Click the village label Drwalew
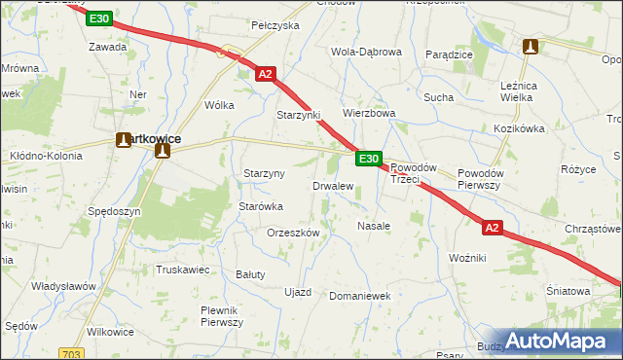coord(332,186)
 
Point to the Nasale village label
coord(374,225)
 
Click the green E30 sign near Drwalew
coord(367,159)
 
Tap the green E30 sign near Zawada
coord(97,19)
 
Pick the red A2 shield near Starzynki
coord(265,73)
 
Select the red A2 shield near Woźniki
coord(493,228)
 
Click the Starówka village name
coord(261,206)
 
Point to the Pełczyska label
coord(275,25)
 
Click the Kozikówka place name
coord(518,128)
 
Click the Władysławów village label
coord(63,286)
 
